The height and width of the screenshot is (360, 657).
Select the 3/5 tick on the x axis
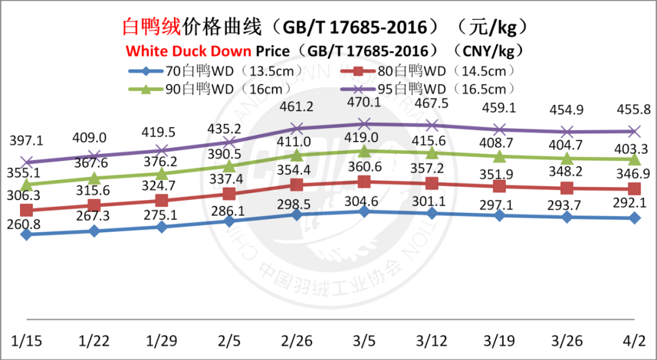click(364, 340)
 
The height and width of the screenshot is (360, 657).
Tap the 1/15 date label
click(26, 340)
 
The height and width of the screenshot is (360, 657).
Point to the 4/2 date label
click(634, 340)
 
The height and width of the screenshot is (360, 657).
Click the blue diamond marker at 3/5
click(364, 211)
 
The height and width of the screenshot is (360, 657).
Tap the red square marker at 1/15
click(26, 210)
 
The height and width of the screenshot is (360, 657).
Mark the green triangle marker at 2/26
click(297, 155)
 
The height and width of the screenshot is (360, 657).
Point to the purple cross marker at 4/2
click(634, 131)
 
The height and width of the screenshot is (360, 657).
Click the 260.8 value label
click(26, 223)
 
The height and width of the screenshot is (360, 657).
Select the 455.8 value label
click(634, 110)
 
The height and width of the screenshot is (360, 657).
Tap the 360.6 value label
click(364, 167)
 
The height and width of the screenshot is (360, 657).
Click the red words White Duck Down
click(189, 49)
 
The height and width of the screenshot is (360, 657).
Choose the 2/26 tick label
click(297, 340)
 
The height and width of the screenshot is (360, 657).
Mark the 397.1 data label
click(26, 140)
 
